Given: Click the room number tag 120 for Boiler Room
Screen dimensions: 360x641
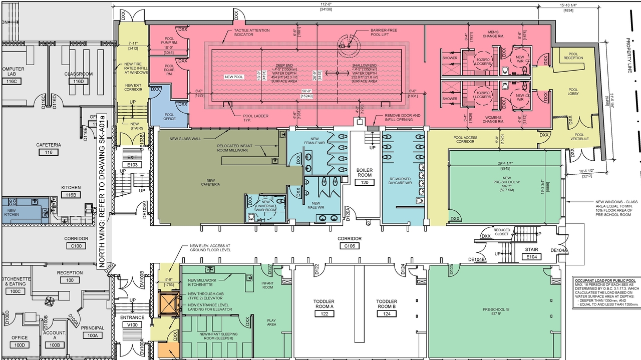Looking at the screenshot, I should coord(365,183).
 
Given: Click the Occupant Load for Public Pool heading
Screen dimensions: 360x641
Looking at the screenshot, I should coord(606,281).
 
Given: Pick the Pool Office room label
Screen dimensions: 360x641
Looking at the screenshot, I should coord(169,117).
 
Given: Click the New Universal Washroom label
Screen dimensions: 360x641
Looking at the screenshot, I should coord(265,206).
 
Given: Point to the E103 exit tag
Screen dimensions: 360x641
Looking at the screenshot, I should coord(132,165).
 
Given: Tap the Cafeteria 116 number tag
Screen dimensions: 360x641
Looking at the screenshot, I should coord(49,152).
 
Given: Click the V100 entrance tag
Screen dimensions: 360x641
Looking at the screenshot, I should coord(132,325).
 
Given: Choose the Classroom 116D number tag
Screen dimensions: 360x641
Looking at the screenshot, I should coord(79,81).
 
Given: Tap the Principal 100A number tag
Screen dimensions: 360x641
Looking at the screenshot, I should coord(92,335).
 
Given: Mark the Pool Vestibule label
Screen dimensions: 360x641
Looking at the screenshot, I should coord(579,137).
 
